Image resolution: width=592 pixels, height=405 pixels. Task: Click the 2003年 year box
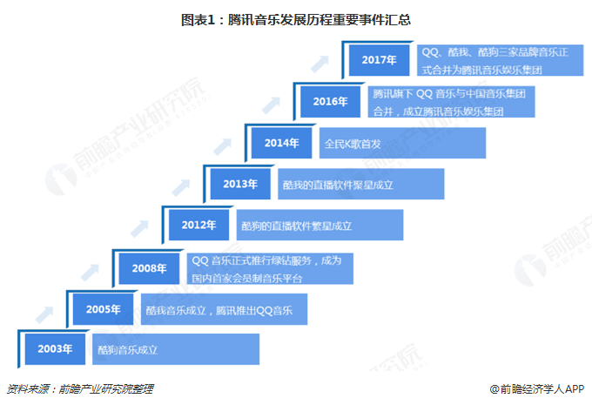click(x=54, y=349)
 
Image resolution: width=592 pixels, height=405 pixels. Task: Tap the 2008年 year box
click(x=149, y=267)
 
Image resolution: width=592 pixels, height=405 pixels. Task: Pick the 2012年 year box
click(x=198, y=225)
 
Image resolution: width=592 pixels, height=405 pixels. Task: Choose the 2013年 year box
click(x=239, y=184)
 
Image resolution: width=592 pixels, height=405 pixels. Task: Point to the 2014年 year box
click(x=281, y=143)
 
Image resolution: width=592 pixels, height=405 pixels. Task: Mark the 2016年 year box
click(x=331, y=101)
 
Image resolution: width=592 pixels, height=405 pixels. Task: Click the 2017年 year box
click(x=379, y=60)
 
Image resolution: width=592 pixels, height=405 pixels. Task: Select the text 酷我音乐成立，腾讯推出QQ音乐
click(x=219, y=309)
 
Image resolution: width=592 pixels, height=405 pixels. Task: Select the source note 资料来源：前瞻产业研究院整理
click(x=84, y=389)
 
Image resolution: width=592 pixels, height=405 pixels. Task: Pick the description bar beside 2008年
click(x=271, y=267)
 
